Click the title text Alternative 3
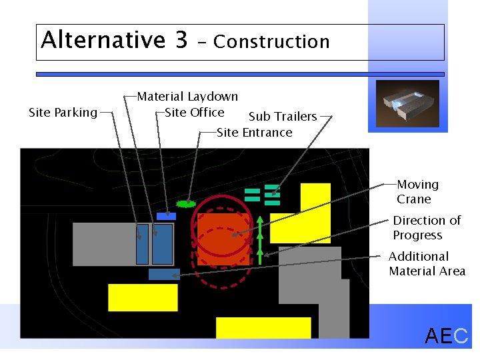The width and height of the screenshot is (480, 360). pos(114,40)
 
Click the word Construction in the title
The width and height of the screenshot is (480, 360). pos(271,42)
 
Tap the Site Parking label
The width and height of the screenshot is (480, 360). pos(63,113)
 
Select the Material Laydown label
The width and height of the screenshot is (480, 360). pos(187,97)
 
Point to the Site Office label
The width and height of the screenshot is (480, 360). pos(194,112)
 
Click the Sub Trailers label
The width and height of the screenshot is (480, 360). pos(283,117)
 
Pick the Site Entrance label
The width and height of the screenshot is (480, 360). pos(255,132)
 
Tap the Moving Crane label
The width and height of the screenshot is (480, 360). pos(417,191)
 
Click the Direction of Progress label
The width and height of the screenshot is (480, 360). pos(427,227)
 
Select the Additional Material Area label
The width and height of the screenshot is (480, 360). pos(427,263)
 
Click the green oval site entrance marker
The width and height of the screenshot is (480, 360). pos(185,203)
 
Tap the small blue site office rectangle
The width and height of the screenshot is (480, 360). pos(166,216)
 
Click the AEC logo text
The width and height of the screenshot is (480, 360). pos(446,337)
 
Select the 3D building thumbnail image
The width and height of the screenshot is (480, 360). pos(407,103)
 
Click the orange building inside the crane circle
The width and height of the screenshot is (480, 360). pos(223,237)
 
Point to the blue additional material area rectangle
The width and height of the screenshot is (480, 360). pos(164,274)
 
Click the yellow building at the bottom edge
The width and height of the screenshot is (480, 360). pos(263,327)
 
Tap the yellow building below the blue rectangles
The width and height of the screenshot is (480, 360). pos(143,297)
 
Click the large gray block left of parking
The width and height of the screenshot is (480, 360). pos(103,244)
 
